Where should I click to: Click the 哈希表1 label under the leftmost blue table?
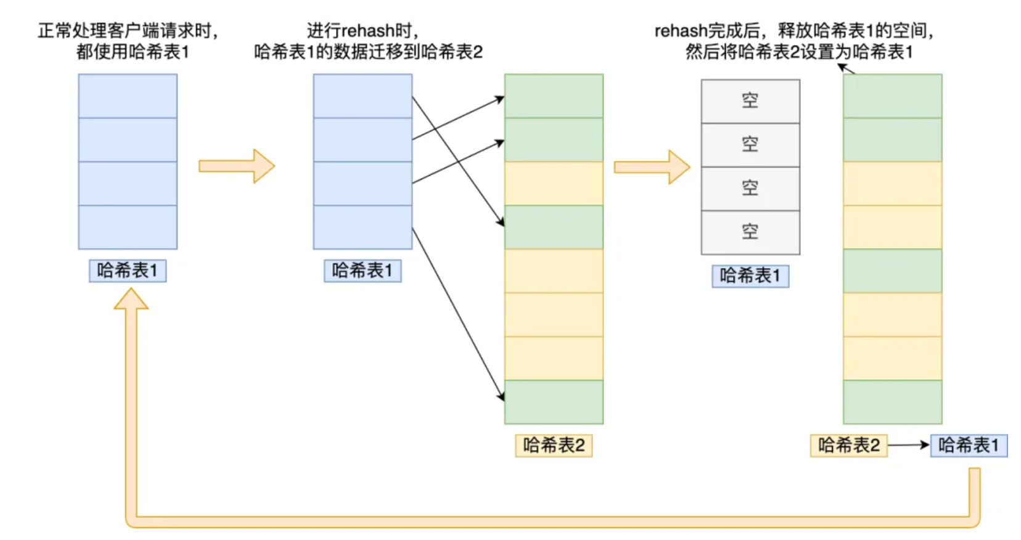[x=128, y=271]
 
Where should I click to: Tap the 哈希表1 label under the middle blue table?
[x=363, y=271]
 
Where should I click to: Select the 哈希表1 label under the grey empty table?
[x=750, y=276]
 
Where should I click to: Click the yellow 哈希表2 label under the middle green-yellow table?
[x=554, y=445]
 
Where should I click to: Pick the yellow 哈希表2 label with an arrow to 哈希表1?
[x=848, y=445]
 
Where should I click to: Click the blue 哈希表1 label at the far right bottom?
[x=969, y=445]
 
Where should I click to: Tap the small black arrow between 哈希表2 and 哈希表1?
[x=909, y=445]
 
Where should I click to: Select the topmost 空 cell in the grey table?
[x=750, y=101]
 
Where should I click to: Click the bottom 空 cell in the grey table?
[x=750, y=232]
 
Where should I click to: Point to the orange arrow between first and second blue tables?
[x=237, y=166]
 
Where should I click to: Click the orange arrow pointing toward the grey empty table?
[x=652, y=166]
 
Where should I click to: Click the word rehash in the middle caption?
[x=367, y=31]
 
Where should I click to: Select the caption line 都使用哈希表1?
[x=133, y=52]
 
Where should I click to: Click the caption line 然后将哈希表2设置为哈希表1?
[x=799, y=52]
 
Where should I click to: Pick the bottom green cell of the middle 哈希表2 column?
[x=554, y=402]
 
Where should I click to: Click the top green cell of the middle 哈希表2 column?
[x=554, y=96]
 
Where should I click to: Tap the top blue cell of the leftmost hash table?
[x=128, y=96]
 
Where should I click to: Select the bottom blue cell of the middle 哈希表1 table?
[x=363, y=227]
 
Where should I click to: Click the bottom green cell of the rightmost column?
[x=892, y=402]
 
